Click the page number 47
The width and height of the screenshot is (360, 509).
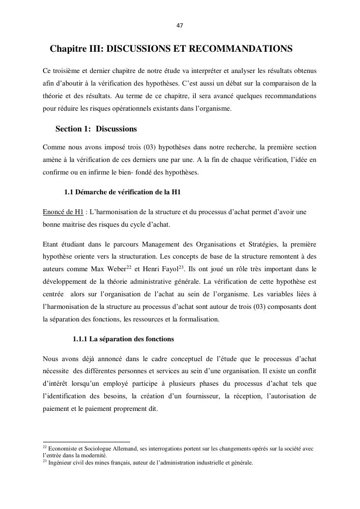click(180, 25)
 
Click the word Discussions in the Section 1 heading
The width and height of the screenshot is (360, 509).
click(116, 129)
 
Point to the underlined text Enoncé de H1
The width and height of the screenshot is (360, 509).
click(63, 212)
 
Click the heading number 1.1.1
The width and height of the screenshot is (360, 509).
click(80, 339)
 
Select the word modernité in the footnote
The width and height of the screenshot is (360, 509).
click(94, 455)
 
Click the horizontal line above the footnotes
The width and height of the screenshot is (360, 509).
click(86, 442)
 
